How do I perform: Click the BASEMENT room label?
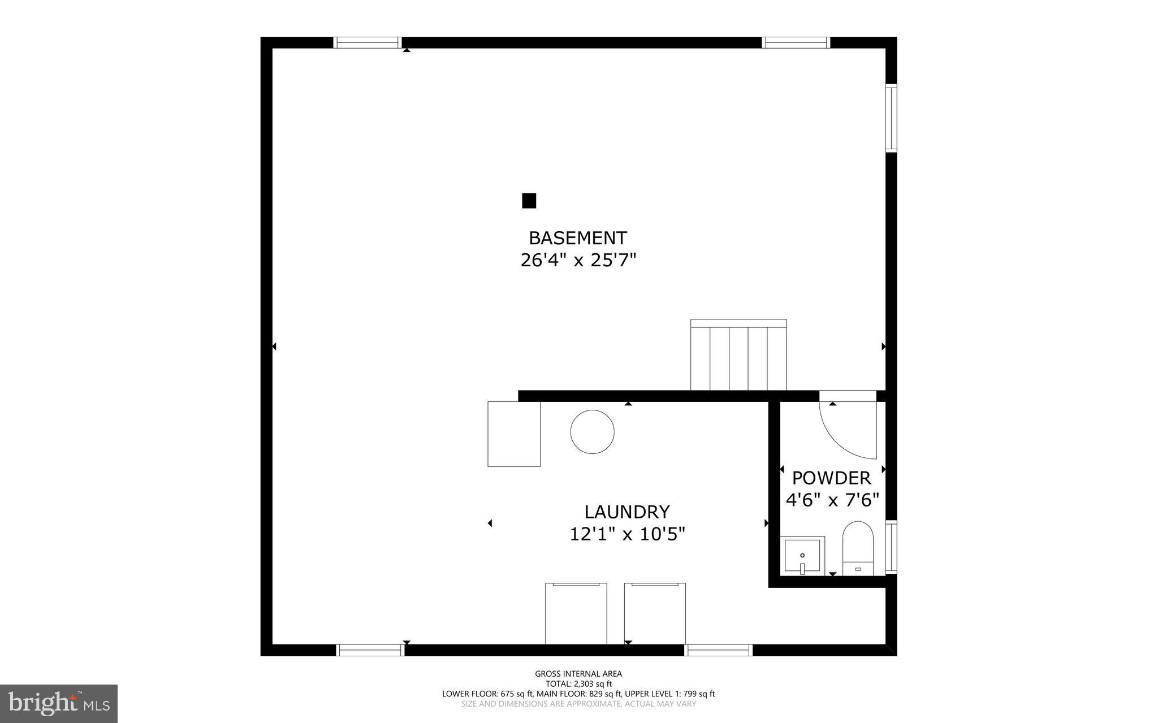578,237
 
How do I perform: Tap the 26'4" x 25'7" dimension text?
578,261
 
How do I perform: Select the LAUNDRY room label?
626,512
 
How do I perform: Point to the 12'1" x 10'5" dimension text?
626,534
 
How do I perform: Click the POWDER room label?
831,478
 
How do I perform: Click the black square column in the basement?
529,201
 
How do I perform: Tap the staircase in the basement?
738,355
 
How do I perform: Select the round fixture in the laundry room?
592,432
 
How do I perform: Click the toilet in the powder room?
858,548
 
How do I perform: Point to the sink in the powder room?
802,556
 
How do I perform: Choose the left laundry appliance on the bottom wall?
576,613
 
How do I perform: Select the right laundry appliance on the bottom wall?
655,613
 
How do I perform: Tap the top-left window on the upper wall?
367,42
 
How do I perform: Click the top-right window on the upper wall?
796,42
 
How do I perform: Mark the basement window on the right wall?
891,118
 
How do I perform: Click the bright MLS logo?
59,704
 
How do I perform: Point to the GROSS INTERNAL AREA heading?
578,673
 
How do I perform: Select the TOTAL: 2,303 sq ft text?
578,683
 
